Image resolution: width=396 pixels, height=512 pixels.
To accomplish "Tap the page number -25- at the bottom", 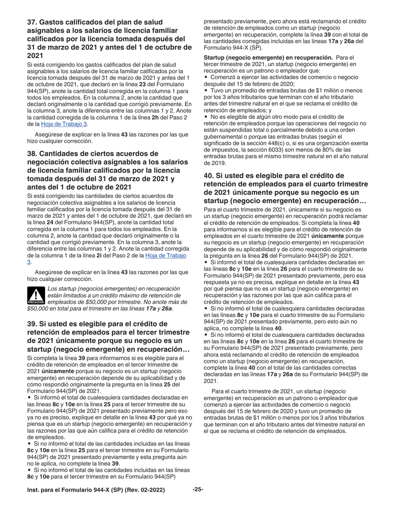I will click(198, 490).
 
